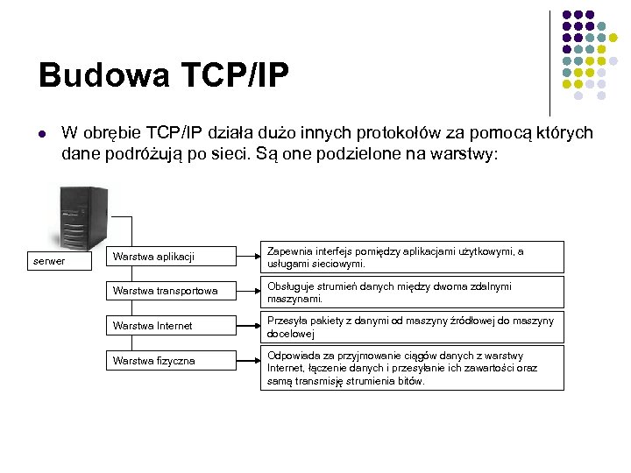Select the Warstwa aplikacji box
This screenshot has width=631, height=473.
172,257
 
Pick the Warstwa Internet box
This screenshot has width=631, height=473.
172,326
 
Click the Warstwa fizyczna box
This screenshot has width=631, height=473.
172,361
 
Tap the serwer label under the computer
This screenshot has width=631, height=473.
48,261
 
